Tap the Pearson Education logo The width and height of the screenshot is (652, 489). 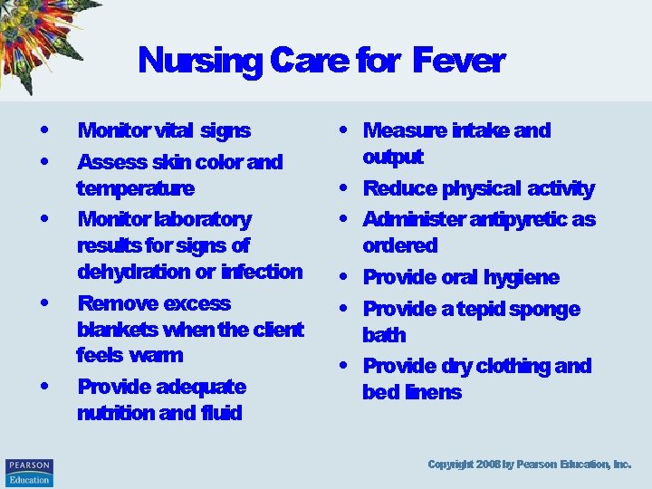29,472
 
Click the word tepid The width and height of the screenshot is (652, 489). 473,309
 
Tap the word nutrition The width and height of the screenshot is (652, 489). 115,414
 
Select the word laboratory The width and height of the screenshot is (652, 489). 204,219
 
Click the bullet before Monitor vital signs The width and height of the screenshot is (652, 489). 44,130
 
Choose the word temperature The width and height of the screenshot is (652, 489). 135,189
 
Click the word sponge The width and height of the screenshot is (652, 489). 544,309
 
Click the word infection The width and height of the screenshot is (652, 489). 263,272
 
